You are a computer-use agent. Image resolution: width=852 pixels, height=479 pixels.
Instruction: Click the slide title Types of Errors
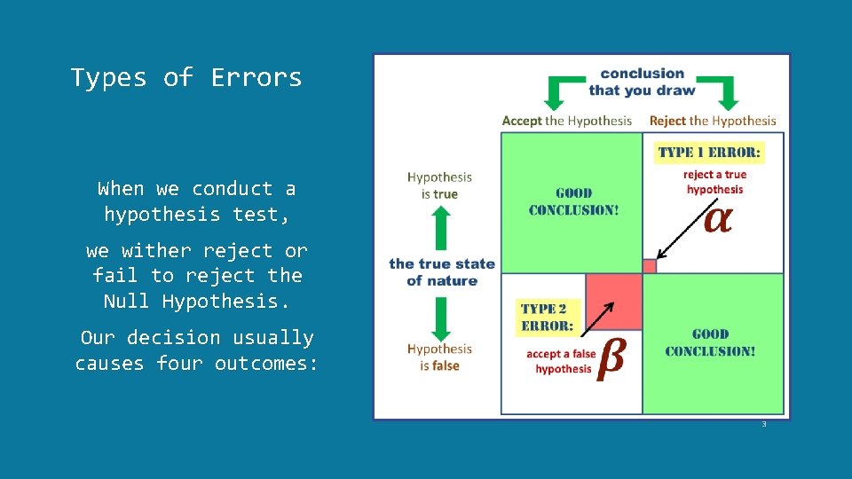[186, 78]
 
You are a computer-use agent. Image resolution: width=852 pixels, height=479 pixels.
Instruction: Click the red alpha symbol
[717, 219]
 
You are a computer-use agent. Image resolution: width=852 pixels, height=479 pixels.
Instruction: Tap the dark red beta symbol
[611, 357]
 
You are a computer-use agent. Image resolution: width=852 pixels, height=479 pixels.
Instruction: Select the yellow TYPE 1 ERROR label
[708, 153]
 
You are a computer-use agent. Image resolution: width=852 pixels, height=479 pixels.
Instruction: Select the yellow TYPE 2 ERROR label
[546, 317]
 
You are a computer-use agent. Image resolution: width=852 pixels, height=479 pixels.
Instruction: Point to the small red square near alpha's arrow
[649, 265]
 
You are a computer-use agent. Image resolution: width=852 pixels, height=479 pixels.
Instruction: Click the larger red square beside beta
[613, 302]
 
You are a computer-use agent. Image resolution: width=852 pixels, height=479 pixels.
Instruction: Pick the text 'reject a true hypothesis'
[714, 182]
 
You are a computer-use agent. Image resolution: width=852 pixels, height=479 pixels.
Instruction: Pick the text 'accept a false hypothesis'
[562, 362]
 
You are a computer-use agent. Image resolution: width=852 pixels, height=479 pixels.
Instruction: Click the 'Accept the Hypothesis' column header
[567, 121]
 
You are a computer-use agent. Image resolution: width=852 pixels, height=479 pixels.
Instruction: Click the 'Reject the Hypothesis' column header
[713, 121]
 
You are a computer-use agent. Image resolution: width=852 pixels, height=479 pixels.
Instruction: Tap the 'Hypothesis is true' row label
[439, 185]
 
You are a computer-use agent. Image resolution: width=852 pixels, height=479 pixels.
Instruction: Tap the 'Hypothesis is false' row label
[439, 357]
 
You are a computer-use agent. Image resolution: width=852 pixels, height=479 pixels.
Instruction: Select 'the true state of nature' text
[441, 271]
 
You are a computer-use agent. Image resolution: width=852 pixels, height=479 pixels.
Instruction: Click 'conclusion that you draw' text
[642, 82]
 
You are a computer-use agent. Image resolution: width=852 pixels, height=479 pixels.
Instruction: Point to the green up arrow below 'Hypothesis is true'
[441, 229]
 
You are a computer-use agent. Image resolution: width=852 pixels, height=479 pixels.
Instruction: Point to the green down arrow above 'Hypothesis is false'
[441, 317]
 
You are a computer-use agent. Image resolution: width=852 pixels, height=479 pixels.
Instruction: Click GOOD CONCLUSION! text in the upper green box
[573, 201]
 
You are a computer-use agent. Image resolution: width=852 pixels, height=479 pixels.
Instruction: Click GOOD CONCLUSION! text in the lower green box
[710, 342]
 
